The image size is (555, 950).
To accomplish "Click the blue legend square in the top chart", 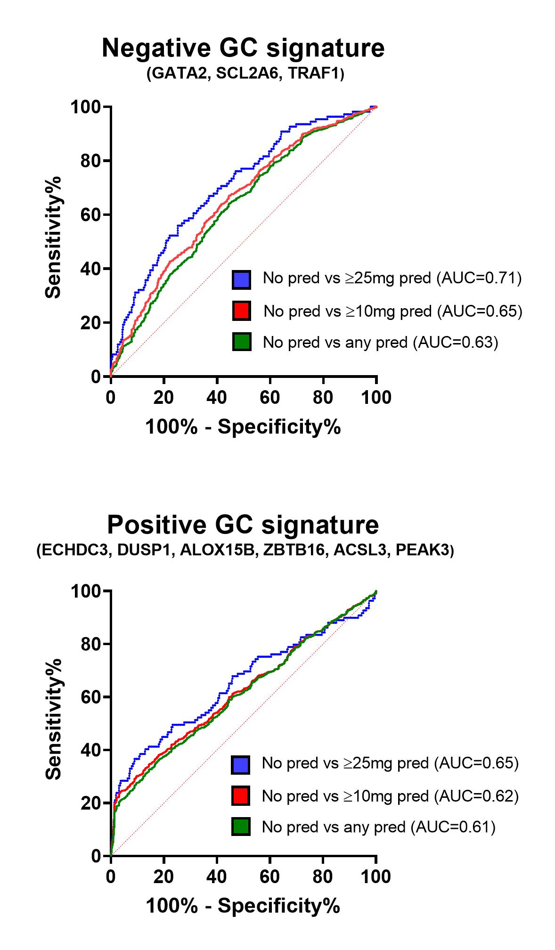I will pyautogui.click(x=241, y=279).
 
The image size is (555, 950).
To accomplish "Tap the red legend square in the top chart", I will pyautogui.click(x=241, y=311).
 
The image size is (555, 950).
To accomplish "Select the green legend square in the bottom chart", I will pyautogui.click(x=240, y=827).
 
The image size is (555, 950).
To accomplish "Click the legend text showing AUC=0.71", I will pyautogui.click(x=392, y=278).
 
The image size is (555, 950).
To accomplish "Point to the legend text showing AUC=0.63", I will pyautogui.click(x=380, y=342).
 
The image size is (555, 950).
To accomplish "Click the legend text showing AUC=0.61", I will pyautogui.click(x=379, y=827).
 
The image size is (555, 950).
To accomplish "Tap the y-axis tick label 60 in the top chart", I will pyautogui.click(x=90, y=215).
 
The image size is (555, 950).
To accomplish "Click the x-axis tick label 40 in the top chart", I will pyautogui.click(x=217, y=398).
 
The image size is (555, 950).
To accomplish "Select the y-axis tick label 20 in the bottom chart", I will pyautogui.click(x=90, y=803).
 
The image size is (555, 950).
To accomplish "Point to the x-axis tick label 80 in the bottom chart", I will pyautogui.click(x=323, y=877).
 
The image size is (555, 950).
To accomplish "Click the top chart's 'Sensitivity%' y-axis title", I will pyautogui.click(x=53, y=237).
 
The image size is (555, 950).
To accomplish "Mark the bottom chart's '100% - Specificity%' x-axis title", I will pyautogui.click(x=243, y=906).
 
